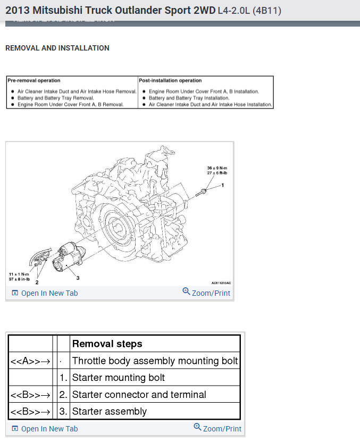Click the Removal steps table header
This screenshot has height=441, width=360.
pyautogui.click(x=107, y=344)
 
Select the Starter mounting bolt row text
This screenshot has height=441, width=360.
pyautogui.click(x=119, y=378)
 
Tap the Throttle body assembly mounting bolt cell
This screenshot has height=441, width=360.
pyautogui.click(x=155, y=361)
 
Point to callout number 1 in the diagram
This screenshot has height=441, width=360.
pyautogui.click(x=223, y=185)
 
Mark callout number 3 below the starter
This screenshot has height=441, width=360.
pyautogui.click(x=78, y=278)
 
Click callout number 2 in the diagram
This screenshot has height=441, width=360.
pyautogui.click(x=37, y=281)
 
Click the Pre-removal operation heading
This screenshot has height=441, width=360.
pyautogui.click(x=34, y=81)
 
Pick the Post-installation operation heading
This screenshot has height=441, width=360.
pyautogui.click(x=170, y=81)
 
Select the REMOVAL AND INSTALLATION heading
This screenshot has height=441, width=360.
pyautogui.click(x=57, y=48)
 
